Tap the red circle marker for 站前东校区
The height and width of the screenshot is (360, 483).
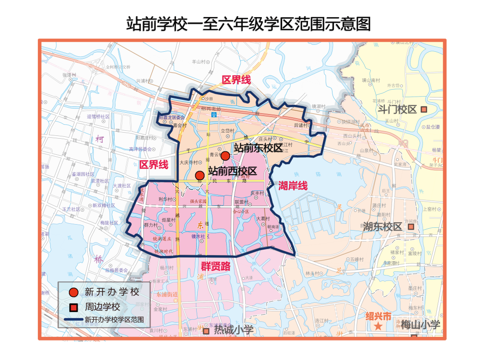(x=225, y=156)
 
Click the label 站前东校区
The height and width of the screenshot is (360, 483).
(x=258, y=148)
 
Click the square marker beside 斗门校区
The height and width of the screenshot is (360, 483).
(x=423, y=110)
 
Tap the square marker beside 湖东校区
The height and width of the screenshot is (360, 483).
(x=411, y=227)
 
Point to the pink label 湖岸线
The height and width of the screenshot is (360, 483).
(x=293, y=186)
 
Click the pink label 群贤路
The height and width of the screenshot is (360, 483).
(x=215, y=267)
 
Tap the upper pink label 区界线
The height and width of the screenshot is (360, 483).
(x=236, y=79)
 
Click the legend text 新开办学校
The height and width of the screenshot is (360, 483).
(x=112, y=292)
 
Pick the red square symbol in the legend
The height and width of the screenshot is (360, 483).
(x=73, y=307)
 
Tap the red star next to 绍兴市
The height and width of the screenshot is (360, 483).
(x=378, y=326)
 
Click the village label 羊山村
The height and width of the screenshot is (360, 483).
(x=198, y=61)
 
